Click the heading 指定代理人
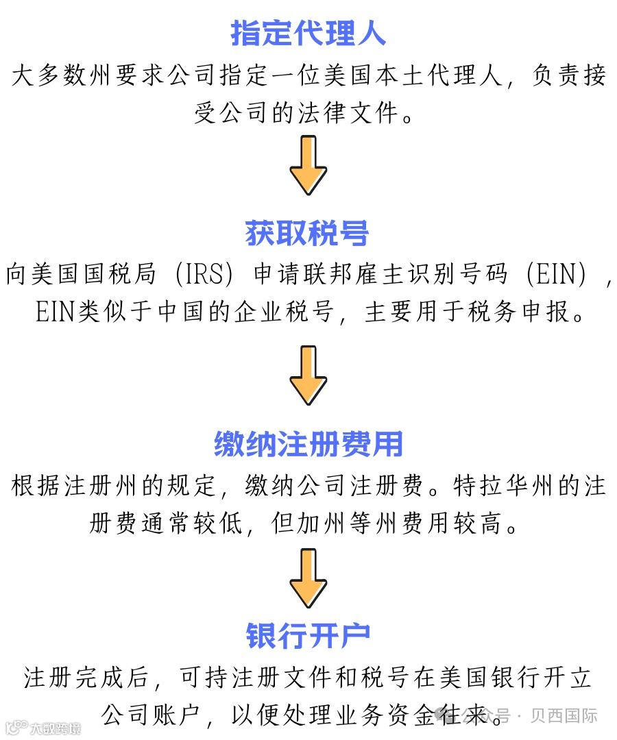pyautogui.click(x=308, y=34)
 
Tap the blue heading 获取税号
pyautogui.click(x=308, y=234)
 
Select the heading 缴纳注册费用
pyautogui.click(x=308, y=445)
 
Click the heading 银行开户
pyautogui.click(x=308, y=636)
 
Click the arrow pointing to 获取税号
pyautogui.click(x=308, y=165)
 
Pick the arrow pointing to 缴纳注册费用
pyautogui.click(x=308, y=375)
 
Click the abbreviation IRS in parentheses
pyautogui.click(x=205, y=275)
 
